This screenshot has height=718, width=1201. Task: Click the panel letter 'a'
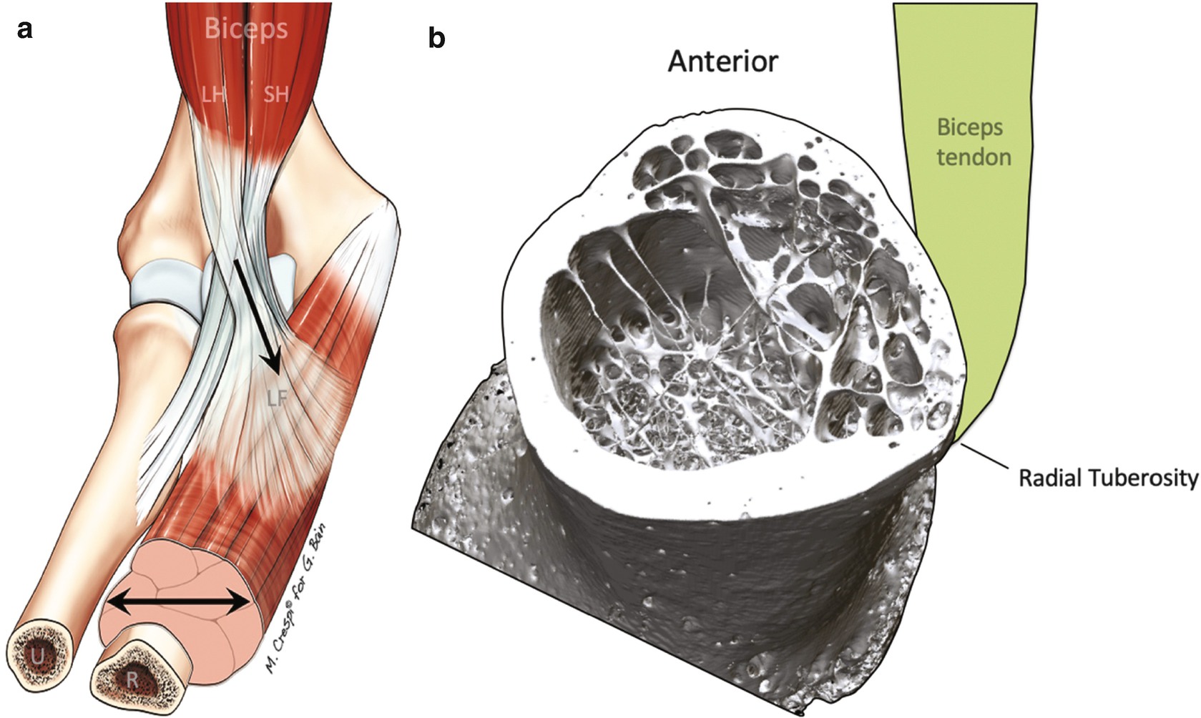coord(26,30)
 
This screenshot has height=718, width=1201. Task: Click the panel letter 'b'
coord(436,37)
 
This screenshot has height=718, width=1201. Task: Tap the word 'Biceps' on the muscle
coord(246,29)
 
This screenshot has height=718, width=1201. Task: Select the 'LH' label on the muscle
coord(213,94)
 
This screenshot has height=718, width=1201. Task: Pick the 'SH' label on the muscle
coord(276,94)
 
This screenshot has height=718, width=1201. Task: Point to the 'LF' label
coord(278,398)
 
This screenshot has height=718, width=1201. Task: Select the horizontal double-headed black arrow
coord(179,605)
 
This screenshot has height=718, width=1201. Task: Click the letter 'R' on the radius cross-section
coord(132,681)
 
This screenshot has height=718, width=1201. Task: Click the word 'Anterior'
coord(722,62)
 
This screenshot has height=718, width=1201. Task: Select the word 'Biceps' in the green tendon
coord(969,127)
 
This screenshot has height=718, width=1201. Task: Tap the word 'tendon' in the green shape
coord(974,157)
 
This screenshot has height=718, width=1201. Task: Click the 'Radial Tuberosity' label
coord(1107,478)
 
